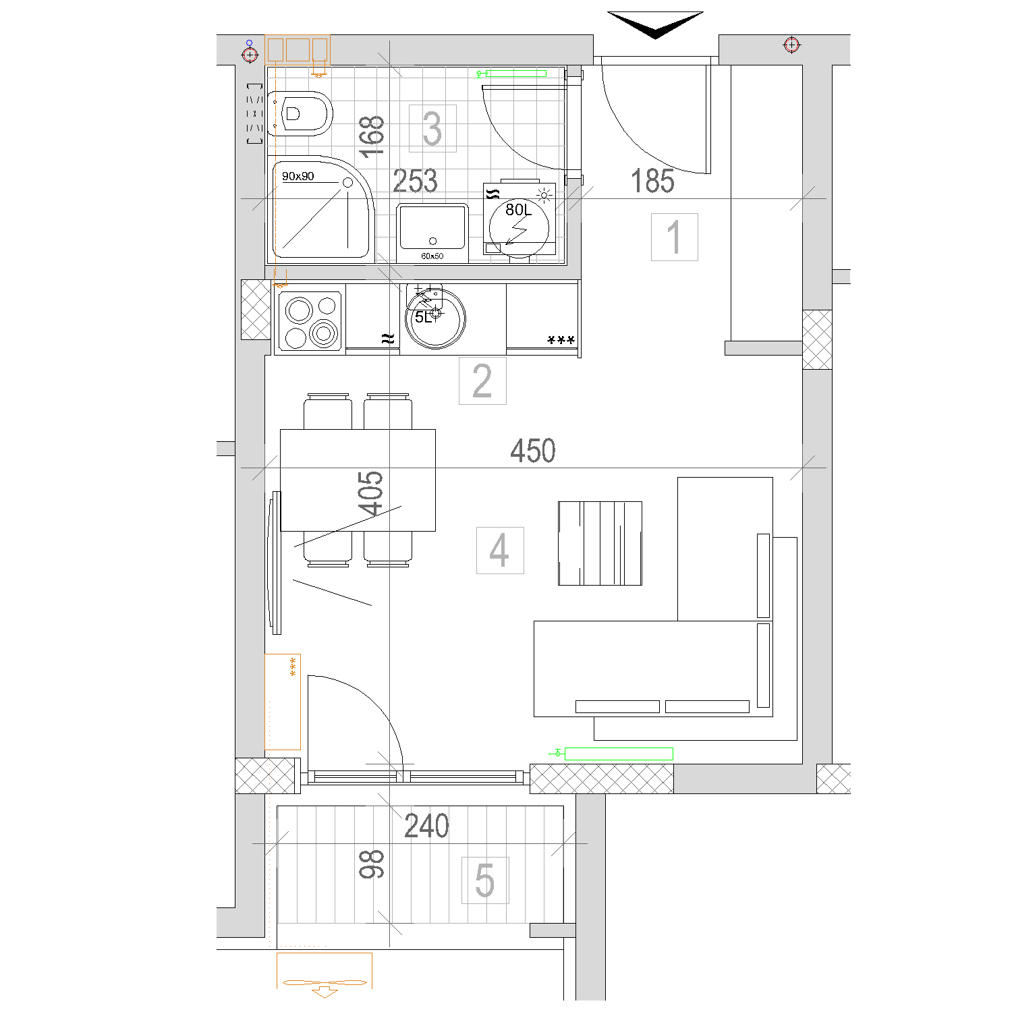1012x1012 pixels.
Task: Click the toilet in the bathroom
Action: [301, 113]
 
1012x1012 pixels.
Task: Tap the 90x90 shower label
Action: [298, 176]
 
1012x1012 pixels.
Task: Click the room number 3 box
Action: [432, 128]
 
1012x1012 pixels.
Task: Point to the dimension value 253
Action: [415, 181]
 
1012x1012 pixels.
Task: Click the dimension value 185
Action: [652, 181]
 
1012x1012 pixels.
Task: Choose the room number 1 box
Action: [674, 237]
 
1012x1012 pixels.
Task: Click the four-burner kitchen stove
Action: [310, 319]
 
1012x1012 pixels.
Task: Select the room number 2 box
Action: [482, 381]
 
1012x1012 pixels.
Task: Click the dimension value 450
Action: [533, 451]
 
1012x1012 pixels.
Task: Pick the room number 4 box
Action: [500, 551]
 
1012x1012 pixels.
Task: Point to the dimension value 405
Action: [370, 494]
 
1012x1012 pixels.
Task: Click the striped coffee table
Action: [600, 543]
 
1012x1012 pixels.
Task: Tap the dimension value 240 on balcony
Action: [426, 826]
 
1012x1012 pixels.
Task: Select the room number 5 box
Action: [485, 880]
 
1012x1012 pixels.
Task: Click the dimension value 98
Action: [371, 864]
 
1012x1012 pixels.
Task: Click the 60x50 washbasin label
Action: [432, 256]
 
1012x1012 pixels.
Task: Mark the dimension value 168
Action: [372, 137]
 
